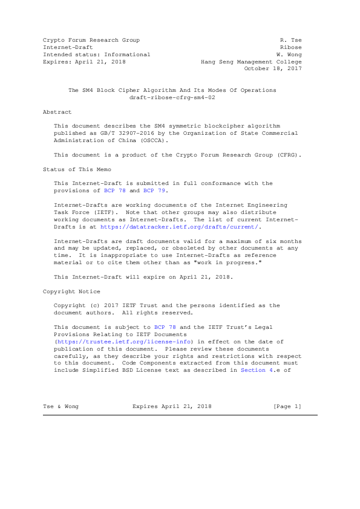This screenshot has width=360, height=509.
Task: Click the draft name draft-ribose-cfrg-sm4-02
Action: point(172,97)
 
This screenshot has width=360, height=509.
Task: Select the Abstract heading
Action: point(57,112)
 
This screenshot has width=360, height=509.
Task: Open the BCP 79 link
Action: point(154,190)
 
